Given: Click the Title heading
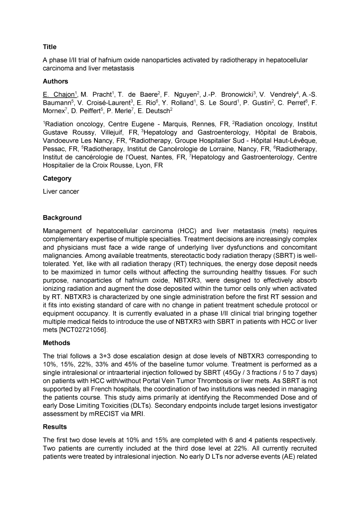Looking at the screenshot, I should point(49,47).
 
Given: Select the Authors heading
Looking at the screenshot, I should point(55,81).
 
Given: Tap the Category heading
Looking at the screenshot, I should point(57,178).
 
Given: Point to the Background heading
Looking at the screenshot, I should point(62,218).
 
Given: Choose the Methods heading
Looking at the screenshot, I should point(56,343).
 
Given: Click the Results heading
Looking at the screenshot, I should point(55,427).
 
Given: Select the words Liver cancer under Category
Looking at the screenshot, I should point(61,191).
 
